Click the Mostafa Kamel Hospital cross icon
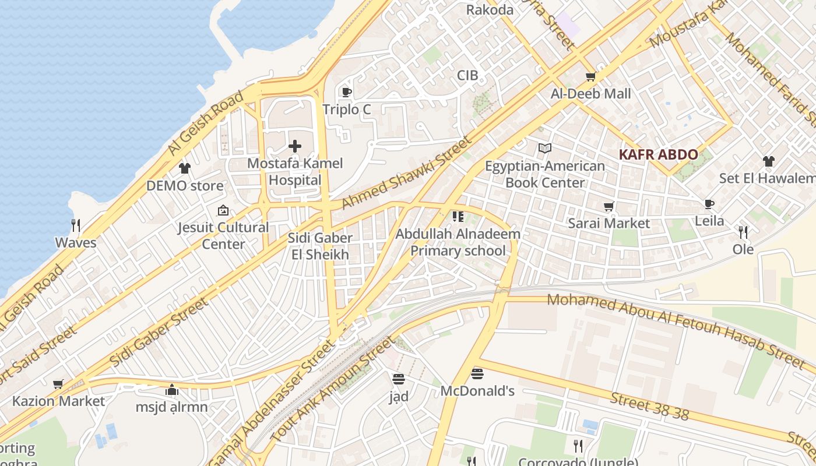point(295,146)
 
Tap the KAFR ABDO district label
point(658,155)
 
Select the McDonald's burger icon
point(477,373)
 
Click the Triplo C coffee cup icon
point(347,92)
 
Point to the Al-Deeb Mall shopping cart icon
point(591,76)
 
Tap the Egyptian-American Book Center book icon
point(545,149)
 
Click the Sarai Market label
point(609,223)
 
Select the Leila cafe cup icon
point(709,204)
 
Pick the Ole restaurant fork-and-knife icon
point(743,232)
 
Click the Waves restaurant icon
point(75,225)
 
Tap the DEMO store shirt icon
point(185,169)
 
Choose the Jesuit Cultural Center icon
point(223,210)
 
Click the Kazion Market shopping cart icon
point(58,384)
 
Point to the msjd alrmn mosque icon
point(172,390)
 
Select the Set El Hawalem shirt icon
point(769,161)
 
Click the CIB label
point(467,75)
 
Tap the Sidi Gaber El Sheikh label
point(320,246)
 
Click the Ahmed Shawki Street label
point(406,173)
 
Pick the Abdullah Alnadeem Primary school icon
point(458,217)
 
